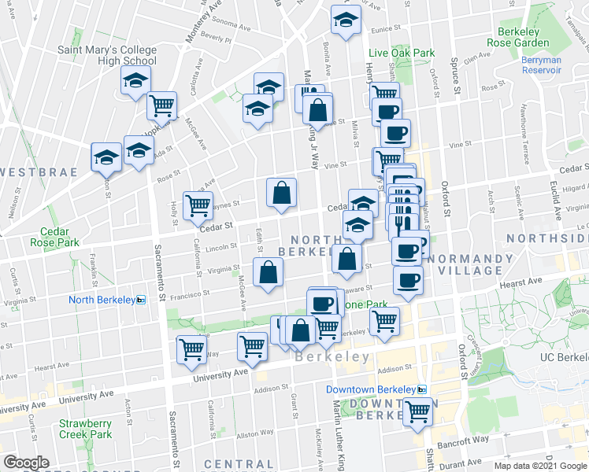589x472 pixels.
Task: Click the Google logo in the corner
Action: tap(27, 462)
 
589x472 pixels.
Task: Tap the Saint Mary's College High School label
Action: tap(107, 56)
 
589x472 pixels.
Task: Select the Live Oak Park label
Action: tap(402, 53)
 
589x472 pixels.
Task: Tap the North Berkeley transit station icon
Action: tap(141, 300)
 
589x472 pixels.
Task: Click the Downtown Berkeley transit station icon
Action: tap(422, 389)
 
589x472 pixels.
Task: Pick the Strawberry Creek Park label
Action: tap(85, 428)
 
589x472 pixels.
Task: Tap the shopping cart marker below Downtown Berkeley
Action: tap(418, 410)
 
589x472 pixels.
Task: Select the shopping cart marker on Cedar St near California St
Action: tap(198, 205)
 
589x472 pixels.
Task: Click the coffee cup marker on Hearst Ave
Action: tap(407, 281)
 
